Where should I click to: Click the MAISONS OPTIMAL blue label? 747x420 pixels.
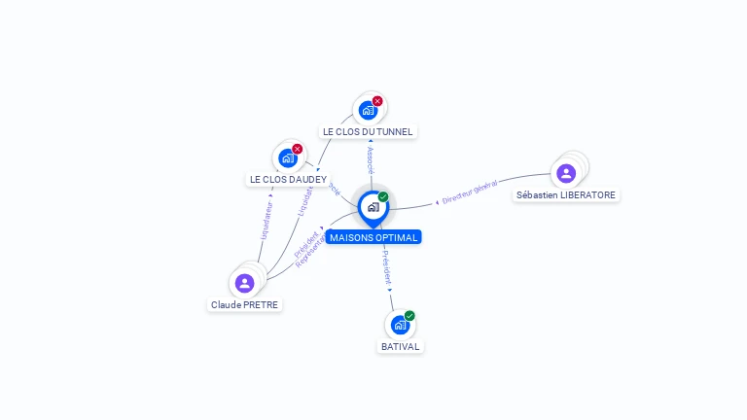(373, 237)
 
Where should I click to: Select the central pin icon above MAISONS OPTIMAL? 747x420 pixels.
(373, 207)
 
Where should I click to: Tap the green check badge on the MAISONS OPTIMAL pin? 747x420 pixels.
(383, 196)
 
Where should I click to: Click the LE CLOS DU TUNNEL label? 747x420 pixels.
(368, 131)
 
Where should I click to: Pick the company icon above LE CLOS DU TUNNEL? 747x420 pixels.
(368, 110)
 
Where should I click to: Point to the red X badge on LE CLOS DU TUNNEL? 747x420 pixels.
(377, 101)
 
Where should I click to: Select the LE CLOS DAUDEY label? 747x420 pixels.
(288, 179)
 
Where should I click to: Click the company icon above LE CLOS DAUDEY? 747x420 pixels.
(287, 157)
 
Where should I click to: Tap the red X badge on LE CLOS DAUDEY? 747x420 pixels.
(298, 149)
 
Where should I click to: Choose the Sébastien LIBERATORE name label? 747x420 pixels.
(566, 194)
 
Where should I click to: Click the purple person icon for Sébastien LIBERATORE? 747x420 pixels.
(566, 173)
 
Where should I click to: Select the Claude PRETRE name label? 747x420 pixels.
(244, 304)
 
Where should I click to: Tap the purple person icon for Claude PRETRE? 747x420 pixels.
(244, 283)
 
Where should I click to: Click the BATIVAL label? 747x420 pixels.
(401, 346)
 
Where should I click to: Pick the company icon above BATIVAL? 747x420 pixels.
(399, 325)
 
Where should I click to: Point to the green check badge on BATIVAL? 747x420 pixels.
(409, 315)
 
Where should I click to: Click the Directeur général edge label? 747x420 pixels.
(470, 192)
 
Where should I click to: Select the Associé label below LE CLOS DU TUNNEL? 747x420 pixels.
(371, 161)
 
